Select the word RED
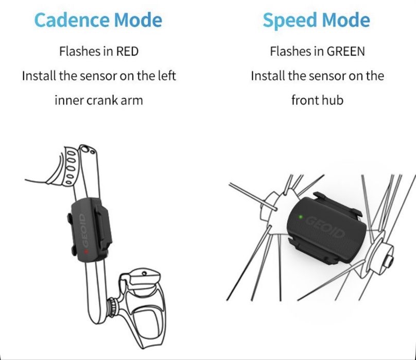pyautogui.click(x=127, y=51)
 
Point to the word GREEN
pyautogui.click(x=345, y=51)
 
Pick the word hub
pyautogui.click(x=333, y=100)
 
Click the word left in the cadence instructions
pyautogui.click(x=167, y=76)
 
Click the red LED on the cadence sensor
pyautogui.click(x=85, y=251)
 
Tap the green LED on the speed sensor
pyautogui.click(x=301, y=217)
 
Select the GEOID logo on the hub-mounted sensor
pyautogui.click(x=326, y=227)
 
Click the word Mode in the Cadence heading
pyautogui.click(x=138, y=21)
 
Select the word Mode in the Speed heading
pyautogui.click(x=345, y=21)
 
